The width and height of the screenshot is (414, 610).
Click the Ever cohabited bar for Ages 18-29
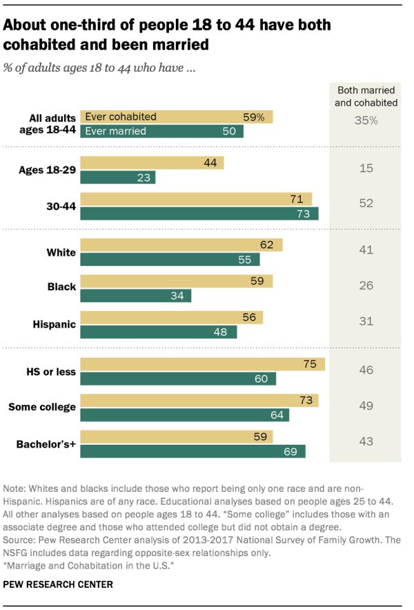coord(152,163)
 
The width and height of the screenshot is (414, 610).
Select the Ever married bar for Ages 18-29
coord(118,178)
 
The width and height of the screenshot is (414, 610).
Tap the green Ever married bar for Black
coord(135,296)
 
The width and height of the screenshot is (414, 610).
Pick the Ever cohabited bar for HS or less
coord(202,365)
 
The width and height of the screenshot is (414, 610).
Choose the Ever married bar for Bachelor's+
coord(193,450)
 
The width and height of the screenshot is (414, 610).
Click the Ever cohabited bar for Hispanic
coord(171,317)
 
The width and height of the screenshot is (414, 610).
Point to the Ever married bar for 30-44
coord(199,213)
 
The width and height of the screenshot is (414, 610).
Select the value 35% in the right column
coord(366,120)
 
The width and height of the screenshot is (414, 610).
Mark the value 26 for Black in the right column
coord(366,285)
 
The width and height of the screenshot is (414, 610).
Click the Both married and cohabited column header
coord(366,97)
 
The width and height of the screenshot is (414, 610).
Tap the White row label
coord(61,252)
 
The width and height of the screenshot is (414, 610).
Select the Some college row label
coord(42,407)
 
